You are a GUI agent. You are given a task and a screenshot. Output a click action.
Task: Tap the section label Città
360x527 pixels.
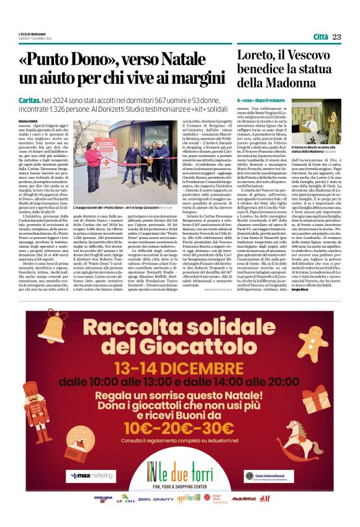(x=320, y=37)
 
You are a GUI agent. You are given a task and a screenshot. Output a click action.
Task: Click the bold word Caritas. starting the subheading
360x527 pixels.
(x=30, y=99)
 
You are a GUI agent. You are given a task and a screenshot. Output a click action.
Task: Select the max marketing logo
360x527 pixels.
(x=91, y=475)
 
